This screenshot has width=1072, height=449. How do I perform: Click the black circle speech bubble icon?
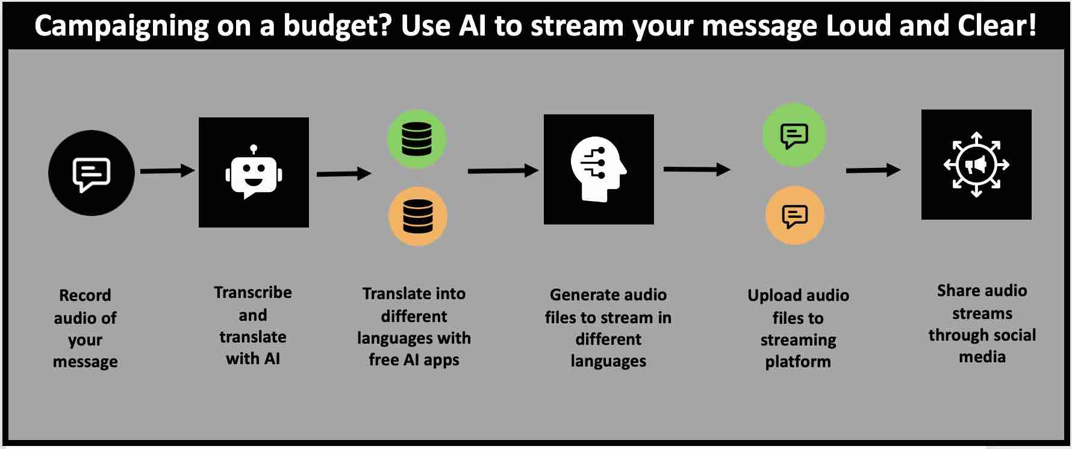(92, 173)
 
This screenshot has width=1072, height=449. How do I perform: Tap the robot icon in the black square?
(254, 172)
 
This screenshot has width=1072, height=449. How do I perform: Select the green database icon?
(417, 139)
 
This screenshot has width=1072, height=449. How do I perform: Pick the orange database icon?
(418, 216)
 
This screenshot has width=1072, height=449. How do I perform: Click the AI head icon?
(599, 169)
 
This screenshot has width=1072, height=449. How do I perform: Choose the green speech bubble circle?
(794, 135)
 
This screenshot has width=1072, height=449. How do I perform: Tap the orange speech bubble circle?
(795, 215)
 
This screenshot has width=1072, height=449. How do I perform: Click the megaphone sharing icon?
(976, 164)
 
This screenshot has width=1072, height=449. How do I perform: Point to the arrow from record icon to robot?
(167, 171)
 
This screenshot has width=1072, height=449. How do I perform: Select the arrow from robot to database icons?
(344, 174)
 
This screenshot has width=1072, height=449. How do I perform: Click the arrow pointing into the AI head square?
(503, 171)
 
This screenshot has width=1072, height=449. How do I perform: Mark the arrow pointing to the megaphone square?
(873, 171)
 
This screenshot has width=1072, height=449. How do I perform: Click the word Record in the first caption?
(85, 295)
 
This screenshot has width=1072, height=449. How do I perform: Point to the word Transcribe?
(253, 292)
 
